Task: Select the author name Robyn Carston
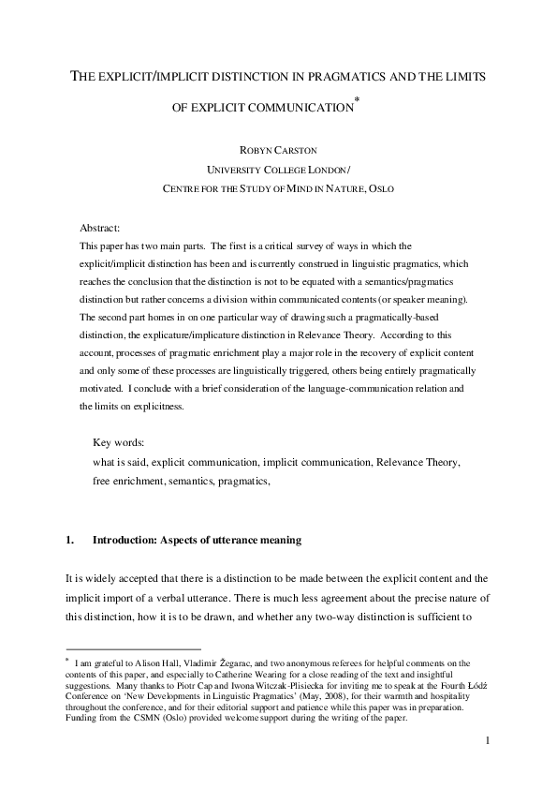pos(278,147)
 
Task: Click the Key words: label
pos(118,441)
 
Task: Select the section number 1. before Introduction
pos(69,541)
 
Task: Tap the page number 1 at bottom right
pos(488,767)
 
